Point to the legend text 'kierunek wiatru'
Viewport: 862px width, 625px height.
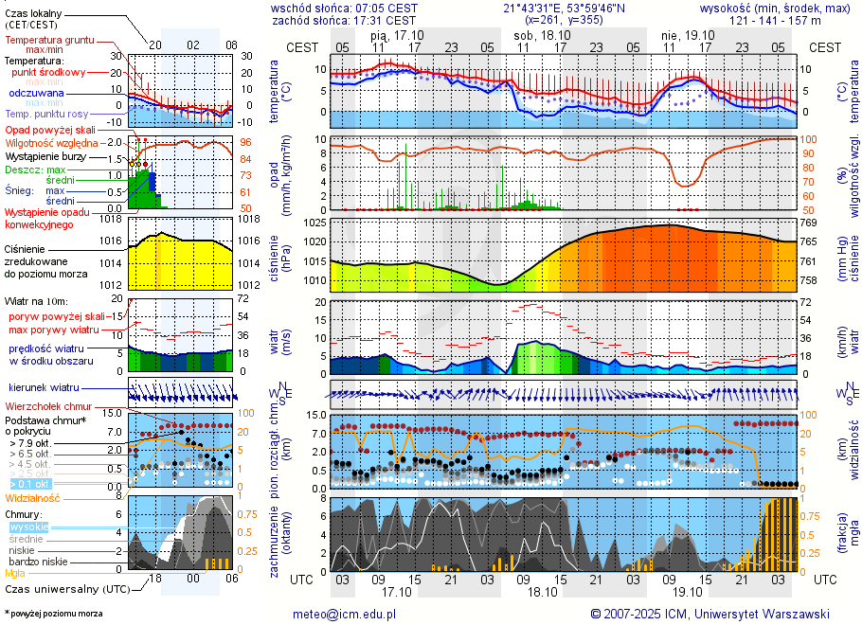(x=44, y=388)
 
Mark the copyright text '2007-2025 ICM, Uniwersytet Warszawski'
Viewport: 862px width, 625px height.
(x=716, y=614)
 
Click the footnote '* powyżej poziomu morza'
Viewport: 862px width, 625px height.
(x=53, y=614)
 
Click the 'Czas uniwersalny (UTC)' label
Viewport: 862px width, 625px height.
(x=64, y=589)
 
